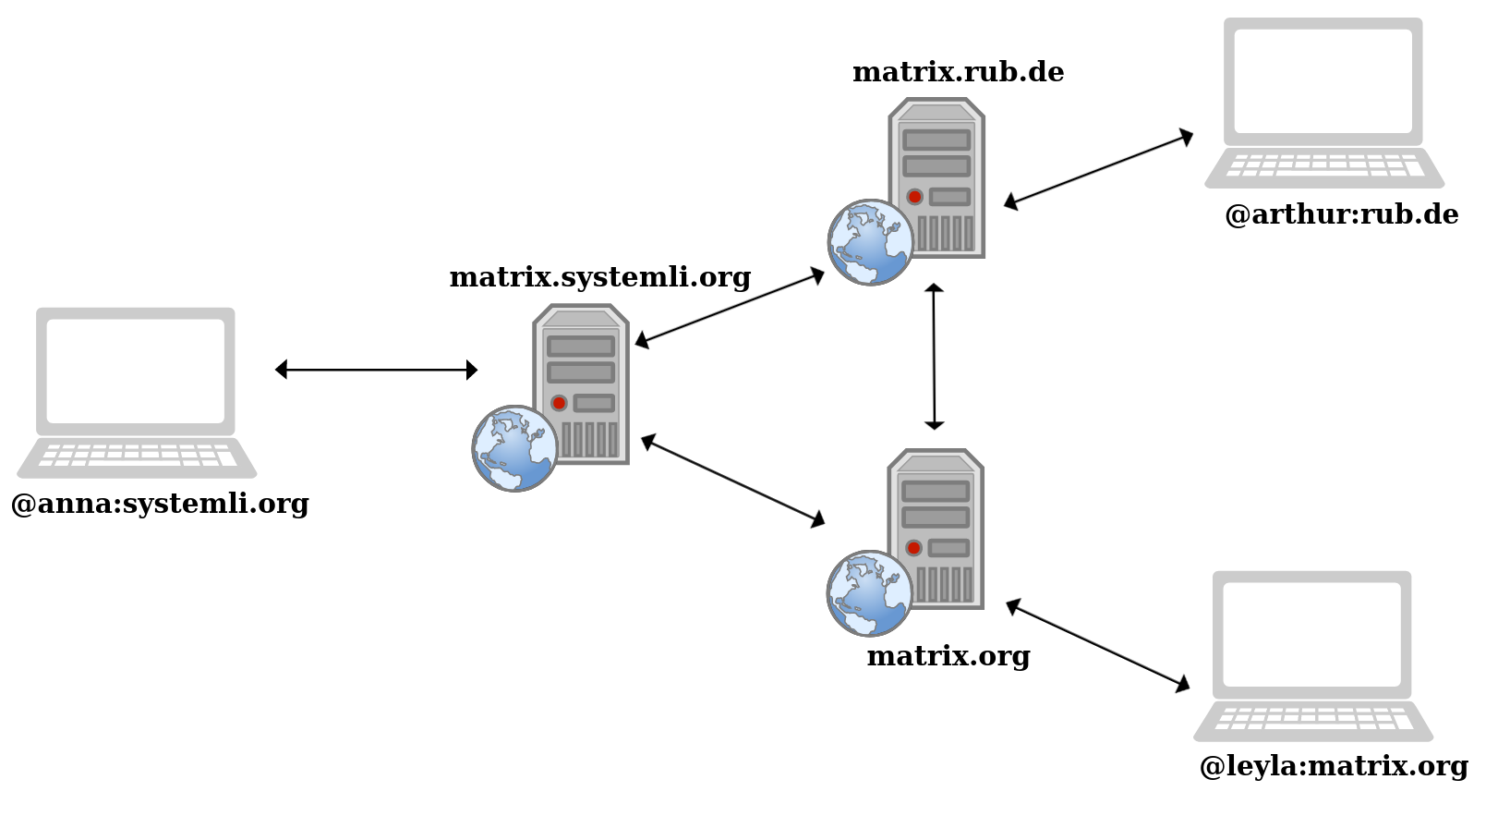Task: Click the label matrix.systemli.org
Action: point(599,277)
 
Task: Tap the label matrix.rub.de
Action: point(958,72)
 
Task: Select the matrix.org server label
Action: point(948,656)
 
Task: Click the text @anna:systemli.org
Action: point(160,504)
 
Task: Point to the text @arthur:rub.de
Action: point(1341,214)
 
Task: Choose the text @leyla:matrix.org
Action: point(1333,766)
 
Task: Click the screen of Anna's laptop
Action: point(136,371)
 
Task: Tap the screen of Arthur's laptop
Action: point(1323,81)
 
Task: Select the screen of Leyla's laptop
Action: point(1311,634)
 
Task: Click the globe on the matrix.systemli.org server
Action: point(514,448)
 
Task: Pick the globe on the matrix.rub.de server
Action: point(870,242)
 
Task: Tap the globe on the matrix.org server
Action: point(869,593)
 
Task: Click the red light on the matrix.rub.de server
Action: point(914,197)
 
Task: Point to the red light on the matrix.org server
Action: point(913,548)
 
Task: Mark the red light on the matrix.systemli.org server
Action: point(559,403)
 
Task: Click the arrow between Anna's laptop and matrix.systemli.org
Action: point(376,370)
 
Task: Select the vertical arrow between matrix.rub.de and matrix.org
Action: point(934,357)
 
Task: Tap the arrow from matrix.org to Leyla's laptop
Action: point(1097,644)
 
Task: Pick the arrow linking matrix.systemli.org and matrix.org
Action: point(732,481)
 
